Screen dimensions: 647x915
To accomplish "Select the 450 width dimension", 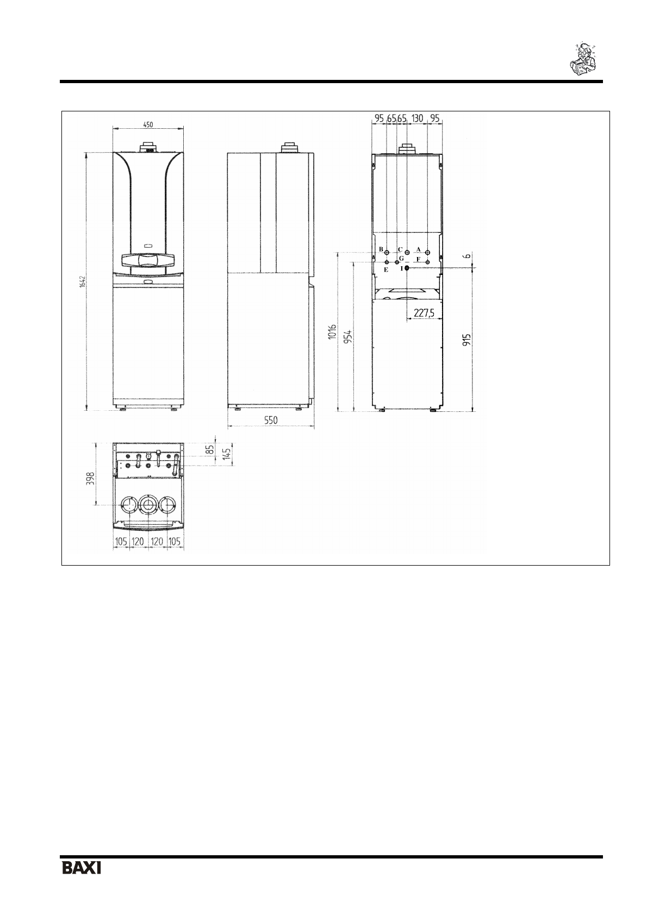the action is [148, 124].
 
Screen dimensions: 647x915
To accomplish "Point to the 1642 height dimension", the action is [82, 282].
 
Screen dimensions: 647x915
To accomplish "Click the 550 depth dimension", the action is [271, 421].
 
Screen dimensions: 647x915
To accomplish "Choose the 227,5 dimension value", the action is [424, 313].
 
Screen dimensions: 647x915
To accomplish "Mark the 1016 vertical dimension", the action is [332, 331].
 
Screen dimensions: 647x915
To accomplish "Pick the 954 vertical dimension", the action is [348, 337].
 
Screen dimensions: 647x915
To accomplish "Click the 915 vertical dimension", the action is [466, 340].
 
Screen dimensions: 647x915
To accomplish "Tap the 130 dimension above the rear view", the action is [417, 118].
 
